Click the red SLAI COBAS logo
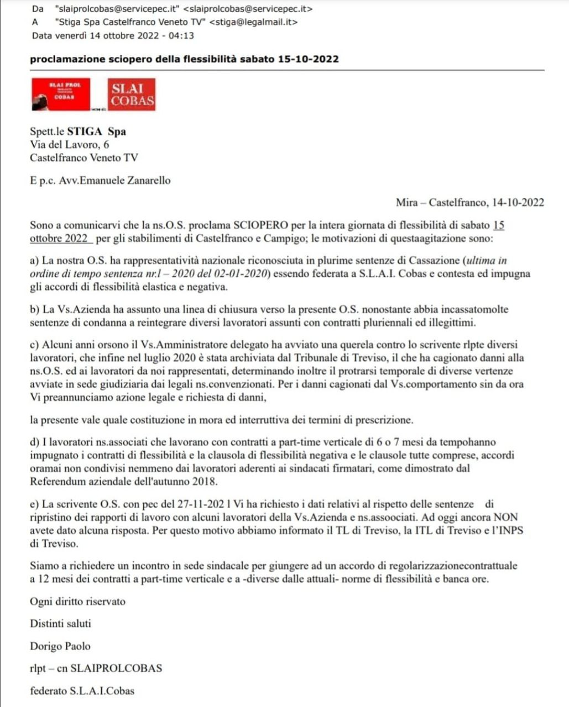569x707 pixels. point(131,94)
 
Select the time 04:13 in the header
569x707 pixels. point(184,36)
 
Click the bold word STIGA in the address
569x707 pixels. point(85,131)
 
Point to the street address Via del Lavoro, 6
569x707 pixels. point(69,145)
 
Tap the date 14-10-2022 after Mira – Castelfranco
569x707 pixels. point(517,203)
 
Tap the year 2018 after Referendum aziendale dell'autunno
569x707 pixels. point(205,482)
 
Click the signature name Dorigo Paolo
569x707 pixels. point(60,646)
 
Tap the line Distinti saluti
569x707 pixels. point(60,624)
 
